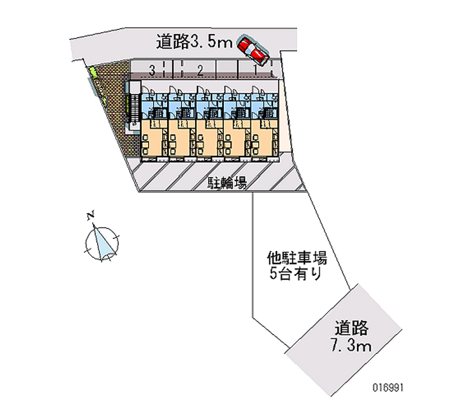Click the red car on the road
(x=253, y=50)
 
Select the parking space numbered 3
(x=152, y=71)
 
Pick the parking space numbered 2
(x=199, y=71)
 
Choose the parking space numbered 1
(x=255, y=71)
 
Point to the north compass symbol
(x=102, y=241)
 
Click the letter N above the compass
(x=90, y=215)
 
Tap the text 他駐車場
(x=297, y=259)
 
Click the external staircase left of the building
(x=134, y=107)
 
